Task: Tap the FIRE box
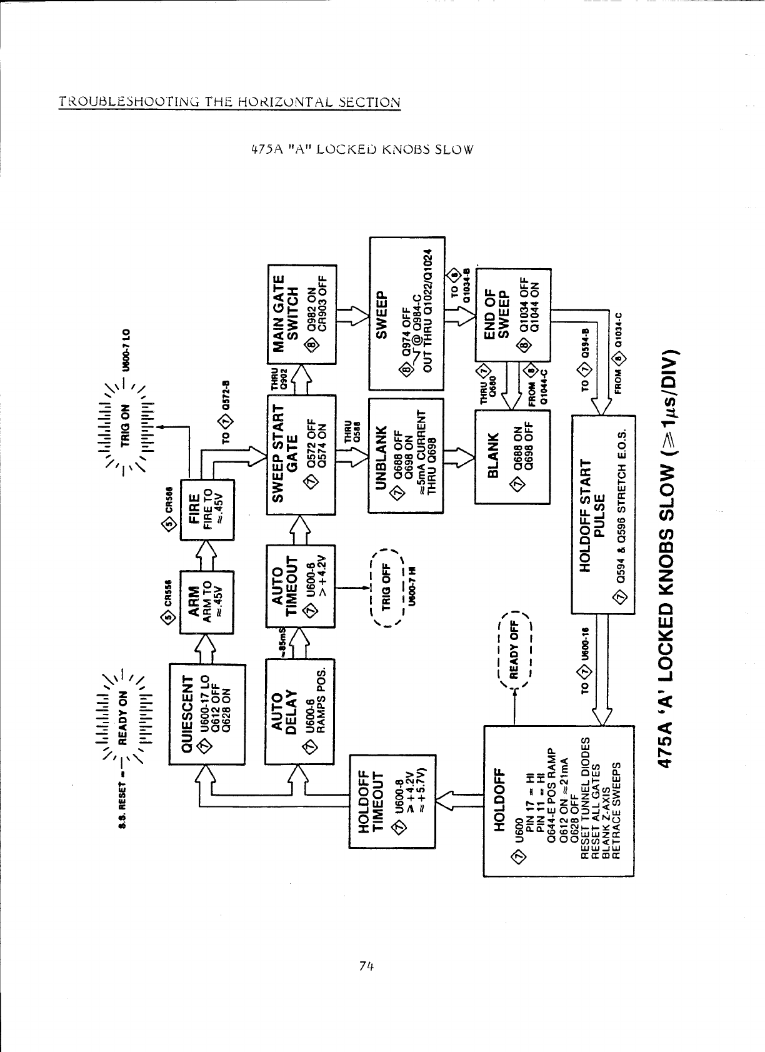pyautogui.click(x=206, y=509)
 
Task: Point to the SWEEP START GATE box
pyautogui.click(x=301, y=454)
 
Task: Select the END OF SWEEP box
pyautogui.click(x=513, y=314)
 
